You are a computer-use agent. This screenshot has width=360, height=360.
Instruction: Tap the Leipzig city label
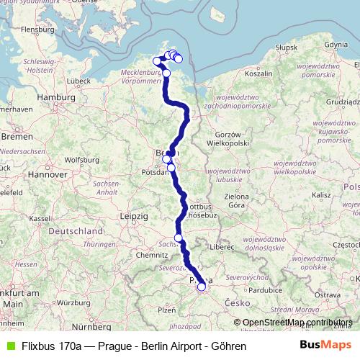pos(135,216)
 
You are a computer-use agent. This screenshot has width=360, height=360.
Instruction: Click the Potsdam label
pos(156,173)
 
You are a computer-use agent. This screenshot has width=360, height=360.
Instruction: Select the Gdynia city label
pos(337,45)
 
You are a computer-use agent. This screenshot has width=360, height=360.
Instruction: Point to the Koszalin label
pos(258,73)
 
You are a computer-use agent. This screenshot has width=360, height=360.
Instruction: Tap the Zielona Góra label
pos(246,199)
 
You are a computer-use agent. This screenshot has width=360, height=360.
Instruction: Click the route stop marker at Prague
pos(202,287)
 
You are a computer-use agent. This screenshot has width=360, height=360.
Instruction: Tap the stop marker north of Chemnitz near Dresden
pos(178,238)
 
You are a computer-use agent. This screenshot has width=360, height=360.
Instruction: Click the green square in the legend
pos(9,346)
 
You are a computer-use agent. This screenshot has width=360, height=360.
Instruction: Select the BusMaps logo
pos(325,346)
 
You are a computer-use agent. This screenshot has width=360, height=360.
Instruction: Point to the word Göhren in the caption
pos(229,346)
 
